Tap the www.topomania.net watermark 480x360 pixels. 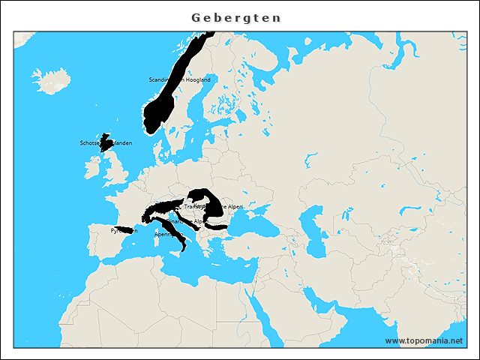[424, 341]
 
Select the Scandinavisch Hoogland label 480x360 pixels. [180, 79]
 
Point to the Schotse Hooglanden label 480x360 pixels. [106, 142]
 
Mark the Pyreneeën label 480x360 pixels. [124, 230]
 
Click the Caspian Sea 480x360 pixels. [313, 221]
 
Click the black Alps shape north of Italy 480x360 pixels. [161, 208]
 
